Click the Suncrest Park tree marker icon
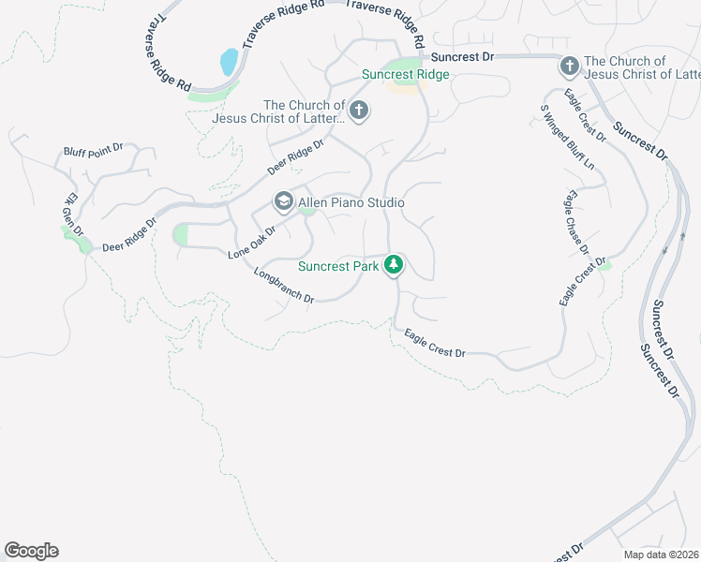(x=395, y=266)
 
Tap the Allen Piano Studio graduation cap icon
(x=282, y=201)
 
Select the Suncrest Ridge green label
(x=406, y=74)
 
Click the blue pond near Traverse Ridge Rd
(x=228, y=63)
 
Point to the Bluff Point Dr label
(x=94, y=150)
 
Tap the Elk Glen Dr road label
(x=72, y=214)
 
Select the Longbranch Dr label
(x=283, y=285)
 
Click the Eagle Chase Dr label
(x=575, y=223)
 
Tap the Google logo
(x=31, y=551)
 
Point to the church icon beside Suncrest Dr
(x=569, y=66)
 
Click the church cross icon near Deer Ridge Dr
(x=358, y=112)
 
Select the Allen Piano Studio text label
(x=350, y=202)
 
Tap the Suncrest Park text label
(x=338, y=266)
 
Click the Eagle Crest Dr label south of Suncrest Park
(x=435, y=343)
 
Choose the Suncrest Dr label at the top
(x=462, y=57)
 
